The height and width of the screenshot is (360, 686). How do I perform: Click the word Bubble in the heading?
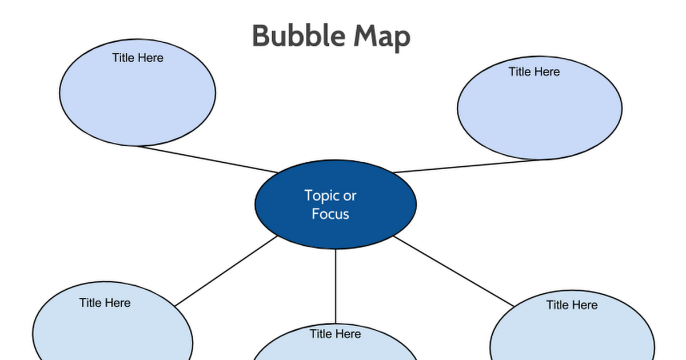(298, 37)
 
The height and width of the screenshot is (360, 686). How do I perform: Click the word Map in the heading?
(381, 37)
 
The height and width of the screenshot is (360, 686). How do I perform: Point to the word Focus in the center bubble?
(330, 214)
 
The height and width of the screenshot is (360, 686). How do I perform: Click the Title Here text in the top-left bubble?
(138, 58)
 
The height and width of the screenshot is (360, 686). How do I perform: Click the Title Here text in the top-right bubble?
(535, 71)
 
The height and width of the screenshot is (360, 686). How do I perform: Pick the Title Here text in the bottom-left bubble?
(105, 303)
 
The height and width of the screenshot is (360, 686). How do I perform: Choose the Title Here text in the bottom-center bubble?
(336, 334)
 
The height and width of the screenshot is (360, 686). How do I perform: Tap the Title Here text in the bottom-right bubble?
(572, 305)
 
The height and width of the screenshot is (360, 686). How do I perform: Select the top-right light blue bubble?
(540, 114)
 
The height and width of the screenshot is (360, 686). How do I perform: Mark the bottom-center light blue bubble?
(336, 350)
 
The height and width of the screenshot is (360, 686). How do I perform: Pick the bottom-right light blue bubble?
(572, 337)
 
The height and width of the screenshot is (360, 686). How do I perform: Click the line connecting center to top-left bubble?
(206, 159)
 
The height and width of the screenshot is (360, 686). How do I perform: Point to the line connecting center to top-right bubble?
(469, 166)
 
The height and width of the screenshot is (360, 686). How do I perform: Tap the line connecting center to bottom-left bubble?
(226, 273)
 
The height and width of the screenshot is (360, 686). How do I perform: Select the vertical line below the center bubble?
(336, 286)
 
